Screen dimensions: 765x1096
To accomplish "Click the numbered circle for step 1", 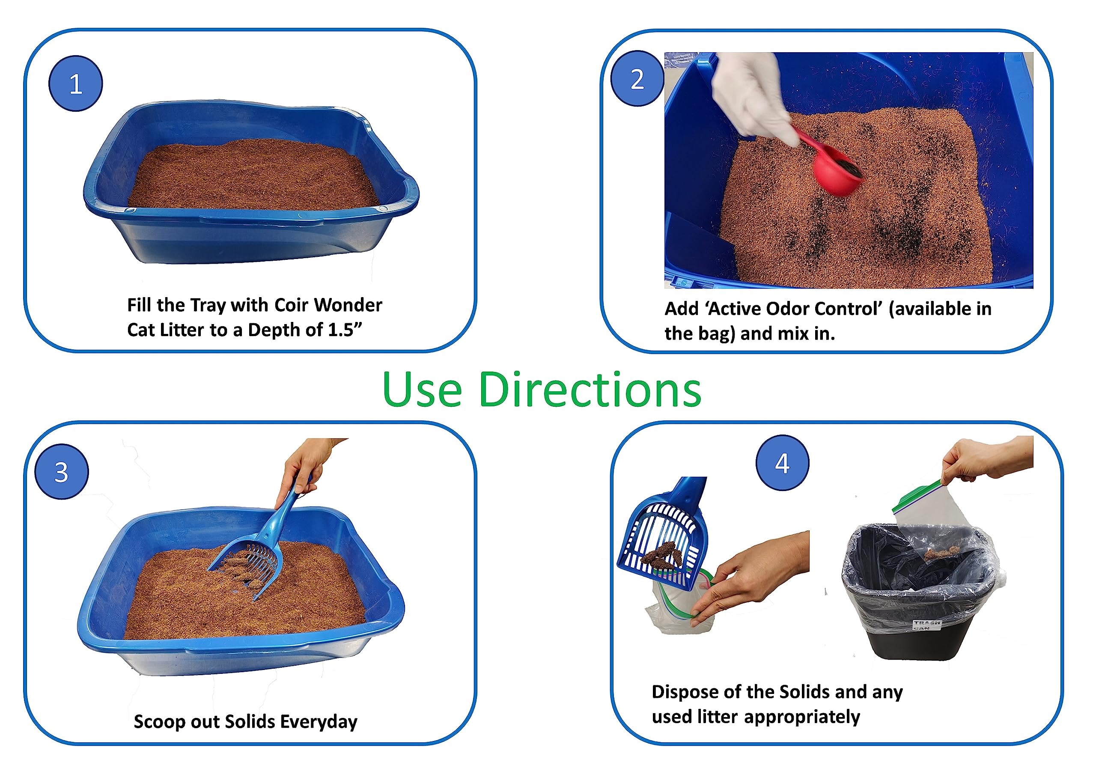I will (75, 83).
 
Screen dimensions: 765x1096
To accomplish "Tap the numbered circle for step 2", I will (637, 79).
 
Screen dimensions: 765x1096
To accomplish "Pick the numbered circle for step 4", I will (782, 462).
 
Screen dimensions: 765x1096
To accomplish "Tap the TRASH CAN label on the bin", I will (927, 625).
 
